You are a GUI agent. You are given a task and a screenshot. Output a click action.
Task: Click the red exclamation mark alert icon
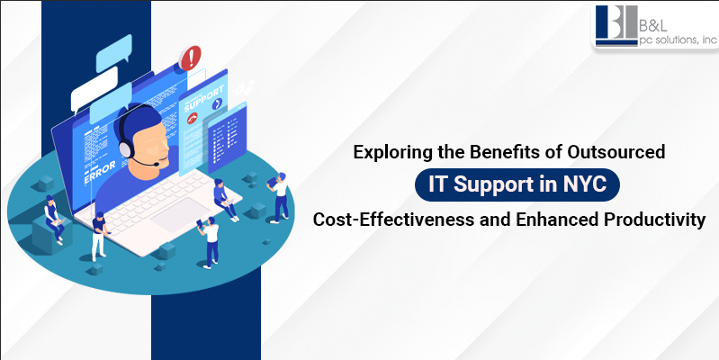(191, 59)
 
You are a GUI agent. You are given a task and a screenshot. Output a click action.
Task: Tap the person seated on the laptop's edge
(222, 200)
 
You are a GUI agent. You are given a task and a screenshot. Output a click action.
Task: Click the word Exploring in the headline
(390, 153)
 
